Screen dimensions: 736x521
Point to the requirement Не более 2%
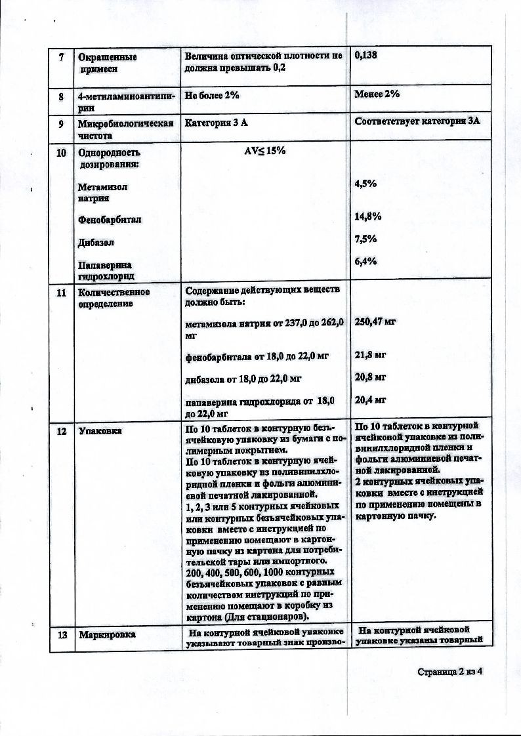(x=212, y=95)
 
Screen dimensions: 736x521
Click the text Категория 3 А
(x=216, y=123)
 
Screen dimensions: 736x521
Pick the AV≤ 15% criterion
(x=264, y=150)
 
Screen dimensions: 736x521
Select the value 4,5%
(x=365, y=184)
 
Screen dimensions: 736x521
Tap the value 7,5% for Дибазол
(x=365, y=239)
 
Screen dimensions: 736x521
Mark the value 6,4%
(x=365, y=262)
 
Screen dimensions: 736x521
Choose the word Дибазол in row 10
(x=96, y=242)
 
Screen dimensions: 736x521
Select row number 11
(x=62, y=293)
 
